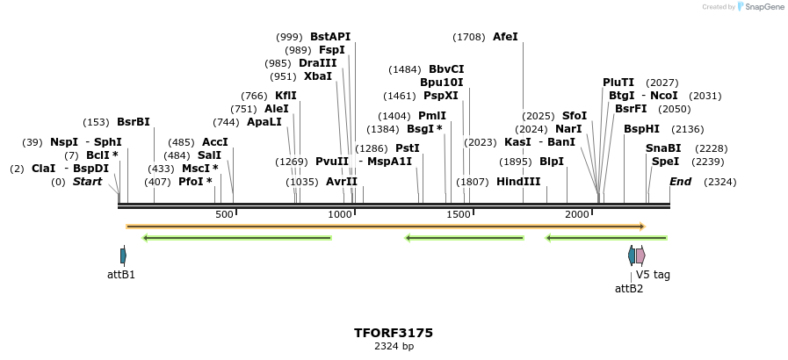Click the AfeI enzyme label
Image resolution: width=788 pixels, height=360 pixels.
[505, 37]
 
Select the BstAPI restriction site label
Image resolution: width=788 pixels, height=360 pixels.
[330, 37]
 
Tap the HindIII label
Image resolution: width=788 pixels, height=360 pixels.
[518, 182]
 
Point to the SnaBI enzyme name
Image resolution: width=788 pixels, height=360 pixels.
[663, 148]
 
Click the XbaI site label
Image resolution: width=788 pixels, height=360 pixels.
[318, 76]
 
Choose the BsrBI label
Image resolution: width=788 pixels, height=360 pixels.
[134, 122]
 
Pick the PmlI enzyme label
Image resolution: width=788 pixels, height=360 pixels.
[432, 116]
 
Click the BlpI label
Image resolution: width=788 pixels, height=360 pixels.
[552, 162]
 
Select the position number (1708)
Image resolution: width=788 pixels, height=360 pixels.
[468, 37]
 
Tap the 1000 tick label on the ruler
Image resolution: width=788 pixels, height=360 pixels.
[340, 215]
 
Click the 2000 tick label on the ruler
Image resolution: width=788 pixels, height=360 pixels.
[577, 215]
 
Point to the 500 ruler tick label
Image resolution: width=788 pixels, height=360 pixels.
[224, 215]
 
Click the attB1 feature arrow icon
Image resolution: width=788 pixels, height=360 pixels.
[123, 256]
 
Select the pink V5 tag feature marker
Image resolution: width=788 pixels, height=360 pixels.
[640, 256]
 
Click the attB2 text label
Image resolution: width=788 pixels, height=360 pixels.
[629, 288]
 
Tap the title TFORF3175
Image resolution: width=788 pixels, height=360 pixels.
[394, 333]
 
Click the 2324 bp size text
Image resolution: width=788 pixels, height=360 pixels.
[394, 346]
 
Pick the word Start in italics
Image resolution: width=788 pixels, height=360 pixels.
[87, 182]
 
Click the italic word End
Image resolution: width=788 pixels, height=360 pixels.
[680, 182]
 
